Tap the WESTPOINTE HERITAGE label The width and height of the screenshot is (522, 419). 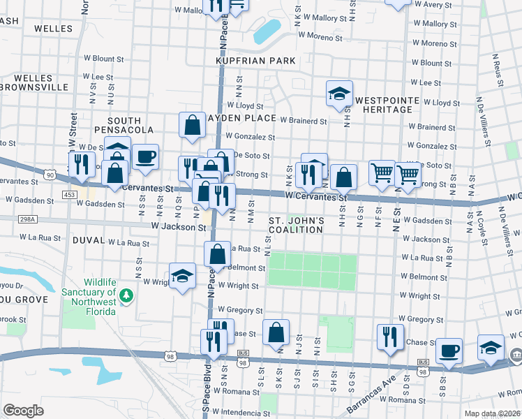tap(387, 105)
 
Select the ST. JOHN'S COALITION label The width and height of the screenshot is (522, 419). tap(297, 226)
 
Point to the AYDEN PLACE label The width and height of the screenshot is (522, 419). tap(241, 118)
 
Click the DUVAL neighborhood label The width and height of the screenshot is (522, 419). tap(89, 240)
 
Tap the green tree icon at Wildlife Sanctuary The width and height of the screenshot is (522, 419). tap(126, 296)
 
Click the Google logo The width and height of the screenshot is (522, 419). tap(23, 411)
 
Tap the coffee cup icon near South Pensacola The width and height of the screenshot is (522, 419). tap(145, 157)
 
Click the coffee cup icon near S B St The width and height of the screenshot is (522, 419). tap(449, 349)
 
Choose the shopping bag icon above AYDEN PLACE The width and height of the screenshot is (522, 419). tap(192, 125)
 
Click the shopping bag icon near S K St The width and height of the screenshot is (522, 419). tap(276, 332)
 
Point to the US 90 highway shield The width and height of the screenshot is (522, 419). tap(49, 175)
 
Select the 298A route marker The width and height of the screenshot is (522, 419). tap(27, 219)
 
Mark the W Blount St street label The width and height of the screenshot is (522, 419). tap(103, 59)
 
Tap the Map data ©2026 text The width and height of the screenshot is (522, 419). tap(491, 413)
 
